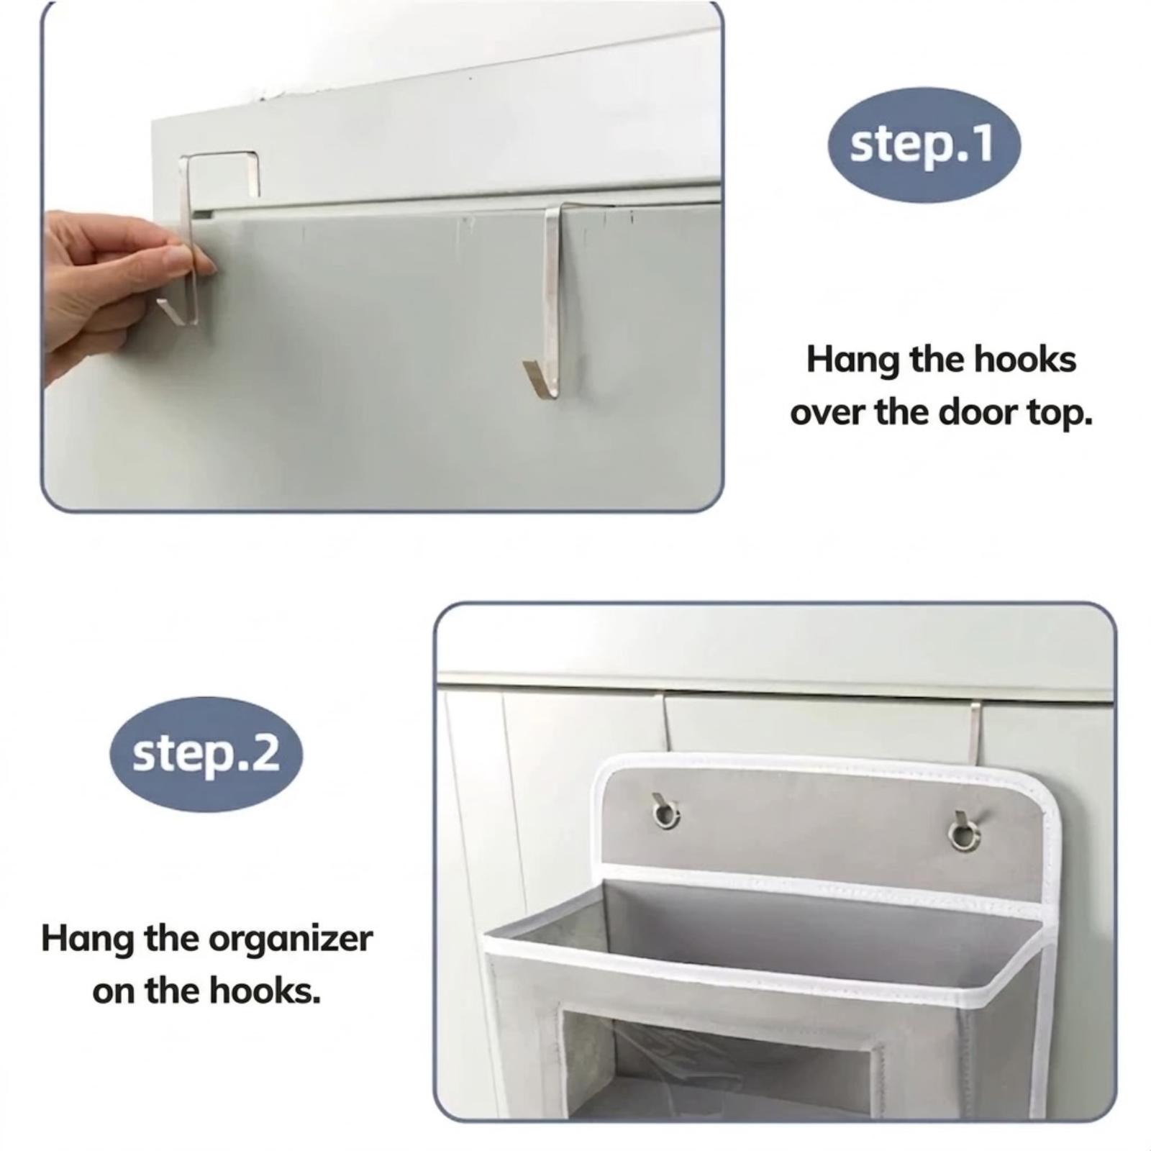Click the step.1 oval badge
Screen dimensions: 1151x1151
924,145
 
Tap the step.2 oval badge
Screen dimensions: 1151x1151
206,754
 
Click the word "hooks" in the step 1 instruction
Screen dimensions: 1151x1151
1025,359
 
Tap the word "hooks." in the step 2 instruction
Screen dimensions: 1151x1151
265,991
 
